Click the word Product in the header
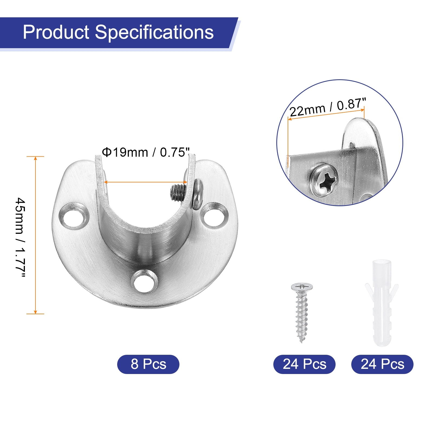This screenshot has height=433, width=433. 56,32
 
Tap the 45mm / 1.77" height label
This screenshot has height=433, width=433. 20,237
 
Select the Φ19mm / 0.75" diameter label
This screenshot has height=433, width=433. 146,152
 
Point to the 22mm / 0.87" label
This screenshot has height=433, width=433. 328,107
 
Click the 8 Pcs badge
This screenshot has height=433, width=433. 148,364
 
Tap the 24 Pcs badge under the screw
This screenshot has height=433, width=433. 304,364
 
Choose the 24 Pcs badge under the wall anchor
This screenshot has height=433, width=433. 382,364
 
